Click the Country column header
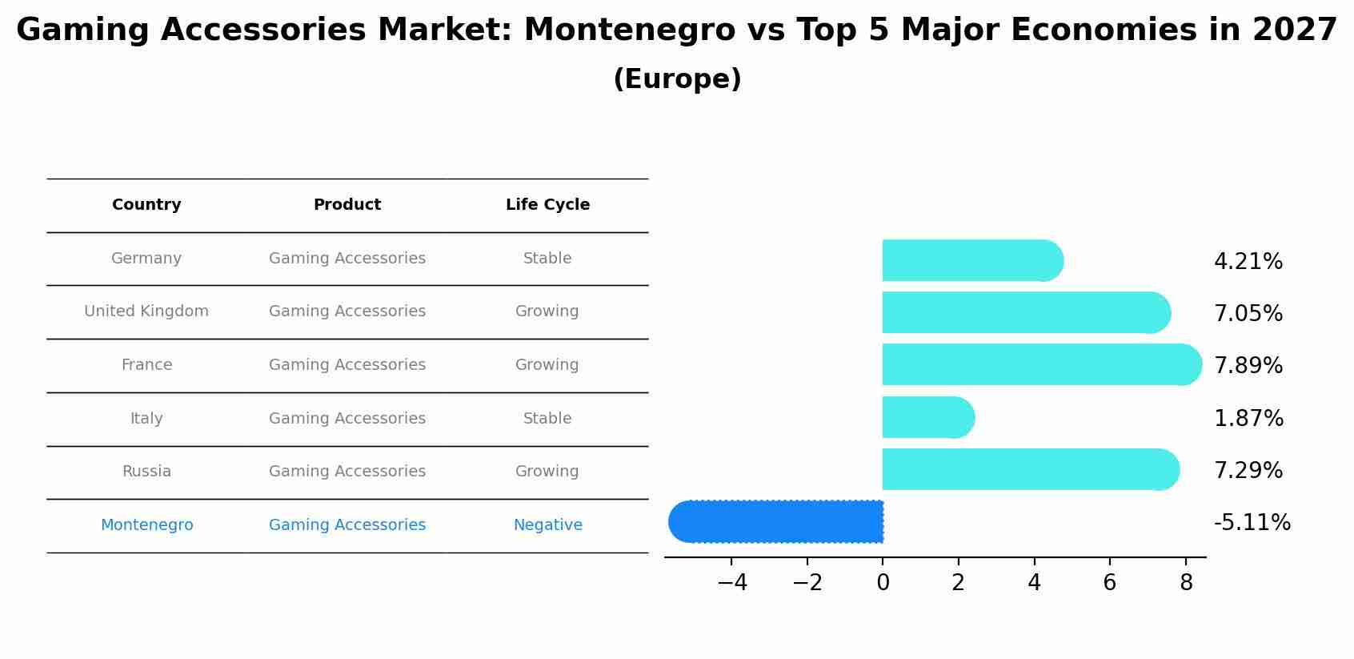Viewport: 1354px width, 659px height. [146, 205]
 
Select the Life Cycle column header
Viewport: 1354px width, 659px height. [547, 205]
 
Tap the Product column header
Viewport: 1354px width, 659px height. [347, 205]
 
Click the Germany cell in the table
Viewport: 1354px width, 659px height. [146, 259]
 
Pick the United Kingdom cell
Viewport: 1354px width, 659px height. [146, 311]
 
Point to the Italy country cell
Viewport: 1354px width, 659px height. [146, 419]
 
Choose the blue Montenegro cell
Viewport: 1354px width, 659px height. [146, 525]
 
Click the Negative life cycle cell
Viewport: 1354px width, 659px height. [547, 525]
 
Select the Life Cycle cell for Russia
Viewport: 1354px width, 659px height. [547, 472]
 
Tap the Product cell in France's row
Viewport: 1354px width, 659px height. [347, 365]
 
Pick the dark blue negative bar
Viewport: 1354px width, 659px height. [776, 522]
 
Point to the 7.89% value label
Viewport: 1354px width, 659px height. [1248, 366]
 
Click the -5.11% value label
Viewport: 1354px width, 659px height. [1252, 523]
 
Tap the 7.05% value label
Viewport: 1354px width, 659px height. [1248, 314]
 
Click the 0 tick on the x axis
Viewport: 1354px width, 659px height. [883, 583]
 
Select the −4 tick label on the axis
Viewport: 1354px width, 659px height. [732, 583]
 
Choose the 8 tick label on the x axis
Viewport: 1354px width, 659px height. [1186, 583]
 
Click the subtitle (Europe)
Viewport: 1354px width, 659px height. [677, 79]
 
